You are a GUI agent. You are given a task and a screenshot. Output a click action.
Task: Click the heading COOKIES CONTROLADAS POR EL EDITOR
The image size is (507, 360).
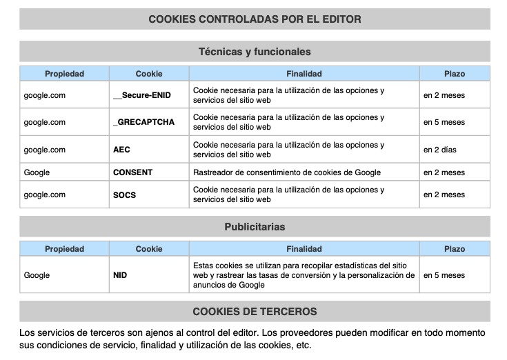point(255,19)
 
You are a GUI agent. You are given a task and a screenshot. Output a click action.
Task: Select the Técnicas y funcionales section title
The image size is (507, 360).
point(255,52)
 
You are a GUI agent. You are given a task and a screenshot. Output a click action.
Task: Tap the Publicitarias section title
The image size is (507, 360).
point(255,227)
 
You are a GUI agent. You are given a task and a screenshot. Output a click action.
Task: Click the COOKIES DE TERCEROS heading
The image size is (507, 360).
point(255,312)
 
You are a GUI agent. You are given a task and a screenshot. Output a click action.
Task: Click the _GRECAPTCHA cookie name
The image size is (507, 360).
point(143,122)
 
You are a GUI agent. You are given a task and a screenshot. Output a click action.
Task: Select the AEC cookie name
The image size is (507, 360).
point(121,150)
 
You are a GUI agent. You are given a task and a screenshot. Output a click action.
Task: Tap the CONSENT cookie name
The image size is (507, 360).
point(132,172)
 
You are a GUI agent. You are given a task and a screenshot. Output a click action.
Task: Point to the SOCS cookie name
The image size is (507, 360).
point(124,194)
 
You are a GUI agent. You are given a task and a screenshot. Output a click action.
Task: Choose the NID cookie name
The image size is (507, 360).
point(120,275)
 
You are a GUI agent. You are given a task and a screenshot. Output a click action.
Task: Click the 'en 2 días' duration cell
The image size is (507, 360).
point(440,150)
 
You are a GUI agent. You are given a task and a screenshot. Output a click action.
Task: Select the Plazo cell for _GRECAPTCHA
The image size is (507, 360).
point(444,122)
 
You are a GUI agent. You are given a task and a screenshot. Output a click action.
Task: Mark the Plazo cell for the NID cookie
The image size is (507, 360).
point(444,275)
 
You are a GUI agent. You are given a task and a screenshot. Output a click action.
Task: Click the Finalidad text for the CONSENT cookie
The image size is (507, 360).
point(286,172)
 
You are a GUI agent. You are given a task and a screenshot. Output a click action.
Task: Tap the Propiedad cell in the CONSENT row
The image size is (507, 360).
point(37,172)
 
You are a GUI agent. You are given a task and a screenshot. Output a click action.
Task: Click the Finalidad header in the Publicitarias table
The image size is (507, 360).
point(304,249)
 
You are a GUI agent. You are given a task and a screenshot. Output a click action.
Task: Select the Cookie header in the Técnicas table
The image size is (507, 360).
point(149,74)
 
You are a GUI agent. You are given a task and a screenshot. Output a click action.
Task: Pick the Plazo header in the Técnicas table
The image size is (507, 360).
point(455,74)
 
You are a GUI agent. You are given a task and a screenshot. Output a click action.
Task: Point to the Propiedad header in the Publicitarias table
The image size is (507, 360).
point(64,249)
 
